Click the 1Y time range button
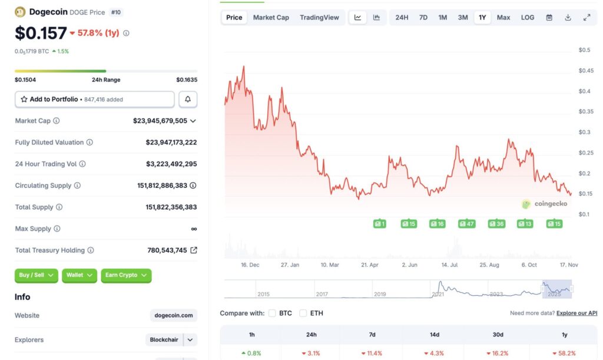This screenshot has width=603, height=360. point(482,18)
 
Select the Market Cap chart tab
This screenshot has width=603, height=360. point(271,18)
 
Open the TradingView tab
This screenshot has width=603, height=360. point(319,18)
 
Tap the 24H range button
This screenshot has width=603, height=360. point(402,18)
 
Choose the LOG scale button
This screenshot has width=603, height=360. point(528,18)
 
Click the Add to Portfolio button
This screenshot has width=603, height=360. point(95,100)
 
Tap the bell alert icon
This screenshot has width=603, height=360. point(188,100)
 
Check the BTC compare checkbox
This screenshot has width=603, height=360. point(272,313)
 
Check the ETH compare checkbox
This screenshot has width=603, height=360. point(303,313)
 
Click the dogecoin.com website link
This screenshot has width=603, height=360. point(174,316)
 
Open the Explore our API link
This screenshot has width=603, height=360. point(577,313)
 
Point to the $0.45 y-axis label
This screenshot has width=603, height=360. point(586,71)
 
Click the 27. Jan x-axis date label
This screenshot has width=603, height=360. point(290,265)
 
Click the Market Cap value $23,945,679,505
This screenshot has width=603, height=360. point(160,121)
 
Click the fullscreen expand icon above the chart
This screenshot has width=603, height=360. point(587,18)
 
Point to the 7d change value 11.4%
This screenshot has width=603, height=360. point(372,353)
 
